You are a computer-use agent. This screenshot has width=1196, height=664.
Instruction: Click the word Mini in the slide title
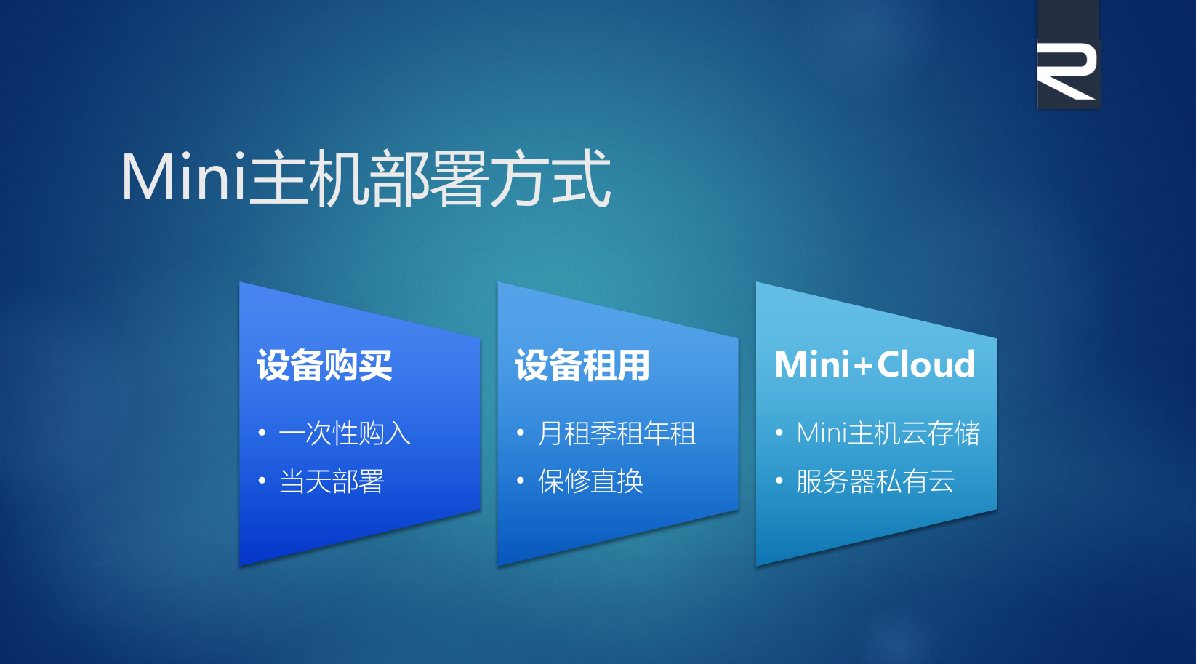184,177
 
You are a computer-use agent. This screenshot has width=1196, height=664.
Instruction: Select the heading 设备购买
324,365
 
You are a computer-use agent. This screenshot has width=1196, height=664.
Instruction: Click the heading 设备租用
582,365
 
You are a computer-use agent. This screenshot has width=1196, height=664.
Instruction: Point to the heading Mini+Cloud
875,365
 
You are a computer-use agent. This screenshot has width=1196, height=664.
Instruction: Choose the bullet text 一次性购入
345,433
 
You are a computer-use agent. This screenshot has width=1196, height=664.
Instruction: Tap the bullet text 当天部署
332,481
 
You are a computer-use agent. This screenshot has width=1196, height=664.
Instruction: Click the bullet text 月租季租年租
617,433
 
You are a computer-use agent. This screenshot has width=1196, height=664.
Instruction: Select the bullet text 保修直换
590,481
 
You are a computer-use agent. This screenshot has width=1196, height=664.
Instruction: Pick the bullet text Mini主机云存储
888,433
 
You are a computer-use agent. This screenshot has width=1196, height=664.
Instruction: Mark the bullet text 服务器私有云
875,481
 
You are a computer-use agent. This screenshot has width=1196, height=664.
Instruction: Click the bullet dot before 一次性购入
262,432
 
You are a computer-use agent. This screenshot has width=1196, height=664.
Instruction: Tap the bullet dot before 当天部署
262,480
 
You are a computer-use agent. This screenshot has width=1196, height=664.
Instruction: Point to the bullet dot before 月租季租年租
521,432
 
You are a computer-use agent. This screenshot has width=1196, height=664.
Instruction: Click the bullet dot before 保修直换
521,480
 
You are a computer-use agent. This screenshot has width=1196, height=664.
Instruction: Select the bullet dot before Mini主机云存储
779,432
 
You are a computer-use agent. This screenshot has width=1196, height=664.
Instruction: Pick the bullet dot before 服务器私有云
779,480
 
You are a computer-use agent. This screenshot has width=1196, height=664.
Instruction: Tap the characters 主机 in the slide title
308,178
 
